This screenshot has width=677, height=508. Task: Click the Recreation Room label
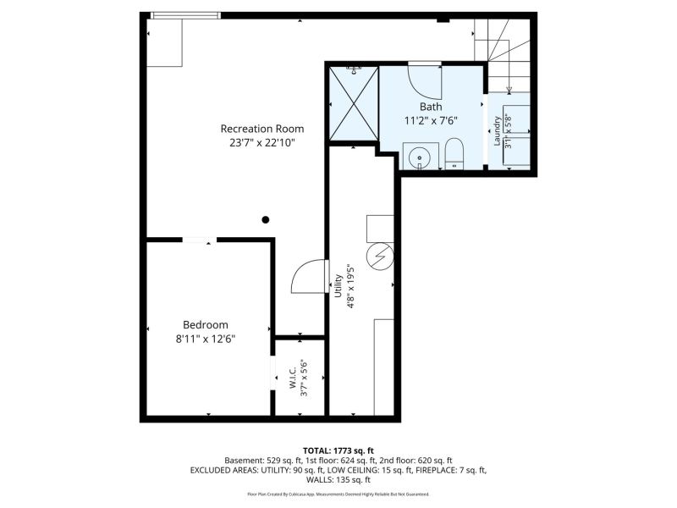[262, 129]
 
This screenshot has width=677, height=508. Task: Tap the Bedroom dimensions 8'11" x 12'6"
[206, 340]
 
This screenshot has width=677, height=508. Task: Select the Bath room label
[431, 107]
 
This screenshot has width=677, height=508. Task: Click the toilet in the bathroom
[454, 153]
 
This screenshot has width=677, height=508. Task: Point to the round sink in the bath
[419, 158]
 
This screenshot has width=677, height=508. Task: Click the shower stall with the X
[354, 103]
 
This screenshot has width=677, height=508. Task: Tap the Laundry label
[497, 130]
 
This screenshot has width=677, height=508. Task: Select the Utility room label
[338, 286]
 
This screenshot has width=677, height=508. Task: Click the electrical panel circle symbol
[380, 257]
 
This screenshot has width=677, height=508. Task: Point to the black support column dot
[266, 220]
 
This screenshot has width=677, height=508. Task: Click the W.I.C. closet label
[293, 378]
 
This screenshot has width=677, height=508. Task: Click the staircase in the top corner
[502, 55]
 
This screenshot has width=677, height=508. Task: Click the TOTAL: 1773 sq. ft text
[338, 451]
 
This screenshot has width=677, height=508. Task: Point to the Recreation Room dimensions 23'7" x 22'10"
[262, 142]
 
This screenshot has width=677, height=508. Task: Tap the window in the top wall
[185, 15]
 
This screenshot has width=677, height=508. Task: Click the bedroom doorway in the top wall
[199, 240]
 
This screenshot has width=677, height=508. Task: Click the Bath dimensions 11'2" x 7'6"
[431, 120]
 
